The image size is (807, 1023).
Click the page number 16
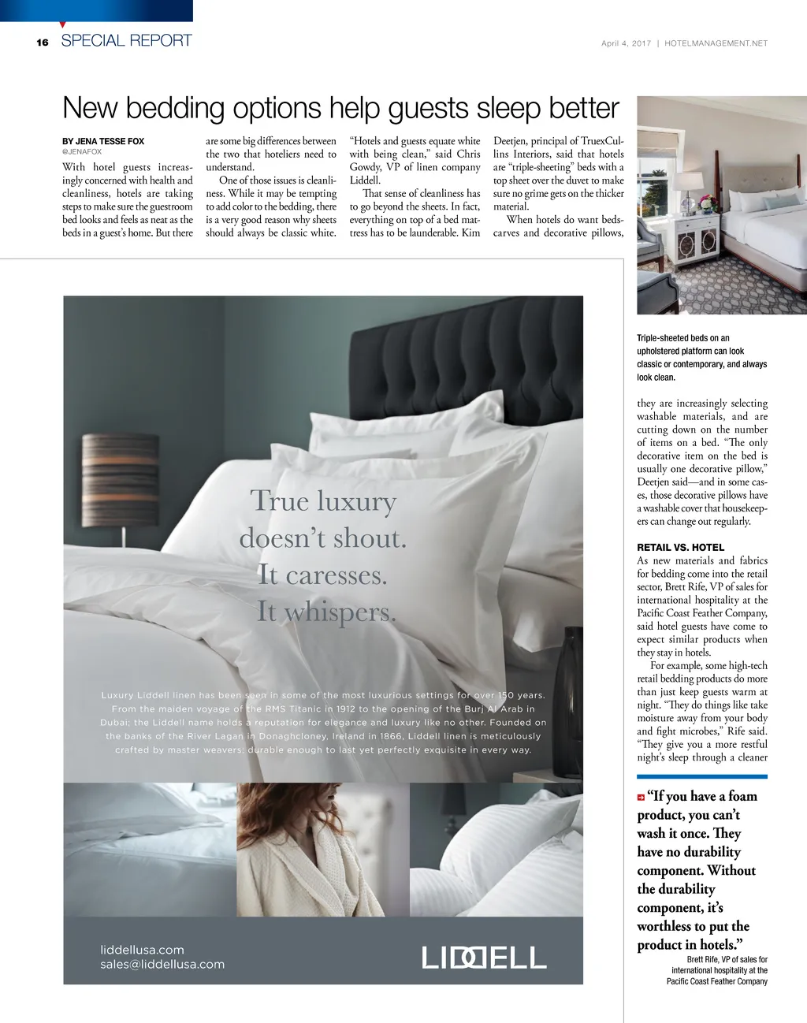43,43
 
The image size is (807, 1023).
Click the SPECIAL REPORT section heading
126,41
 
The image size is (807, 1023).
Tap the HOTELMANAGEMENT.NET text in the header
716,43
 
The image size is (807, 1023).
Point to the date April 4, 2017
626,43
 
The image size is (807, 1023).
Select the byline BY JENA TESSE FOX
103,141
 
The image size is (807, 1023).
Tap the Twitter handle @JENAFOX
82,151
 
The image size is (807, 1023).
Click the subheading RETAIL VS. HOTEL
680,547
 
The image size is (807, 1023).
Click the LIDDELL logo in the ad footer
484,958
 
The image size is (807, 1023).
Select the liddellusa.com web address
142,950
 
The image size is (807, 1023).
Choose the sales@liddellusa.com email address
162,964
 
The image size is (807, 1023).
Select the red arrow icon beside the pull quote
642,798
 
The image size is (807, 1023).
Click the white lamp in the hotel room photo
687,188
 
